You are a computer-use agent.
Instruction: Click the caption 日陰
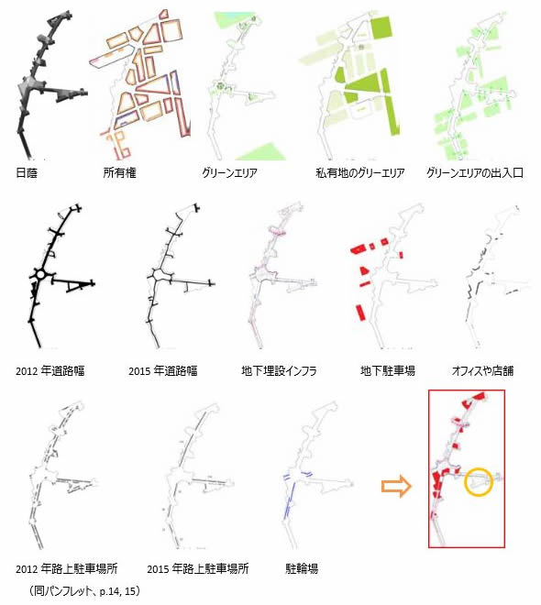coord(27,172)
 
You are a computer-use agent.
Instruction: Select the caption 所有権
coord(119,172)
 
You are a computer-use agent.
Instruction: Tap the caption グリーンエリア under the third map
coord(229,172)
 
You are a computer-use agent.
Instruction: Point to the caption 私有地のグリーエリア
coord(360,172)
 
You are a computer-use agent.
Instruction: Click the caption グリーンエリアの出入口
coord(475,172)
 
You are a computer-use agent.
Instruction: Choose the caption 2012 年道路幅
coord(50,371)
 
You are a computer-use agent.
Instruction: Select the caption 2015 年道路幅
coord(163,371)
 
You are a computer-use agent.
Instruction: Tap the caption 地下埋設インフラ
coord(279,371)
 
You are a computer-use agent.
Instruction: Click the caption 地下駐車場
coord(388,371)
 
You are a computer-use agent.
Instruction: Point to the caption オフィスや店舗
coord(482,371)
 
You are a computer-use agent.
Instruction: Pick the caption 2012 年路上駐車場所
coord(67,568)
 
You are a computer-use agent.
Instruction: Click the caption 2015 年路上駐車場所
coord(198,568)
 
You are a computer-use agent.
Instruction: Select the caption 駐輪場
coord(302,568)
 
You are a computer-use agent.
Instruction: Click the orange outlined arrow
coord(396,486)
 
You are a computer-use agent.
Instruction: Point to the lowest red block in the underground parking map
coord(360,313)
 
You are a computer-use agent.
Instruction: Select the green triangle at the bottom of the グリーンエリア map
coord(262,152)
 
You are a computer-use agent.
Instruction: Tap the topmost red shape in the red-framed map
coord(477,398)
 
